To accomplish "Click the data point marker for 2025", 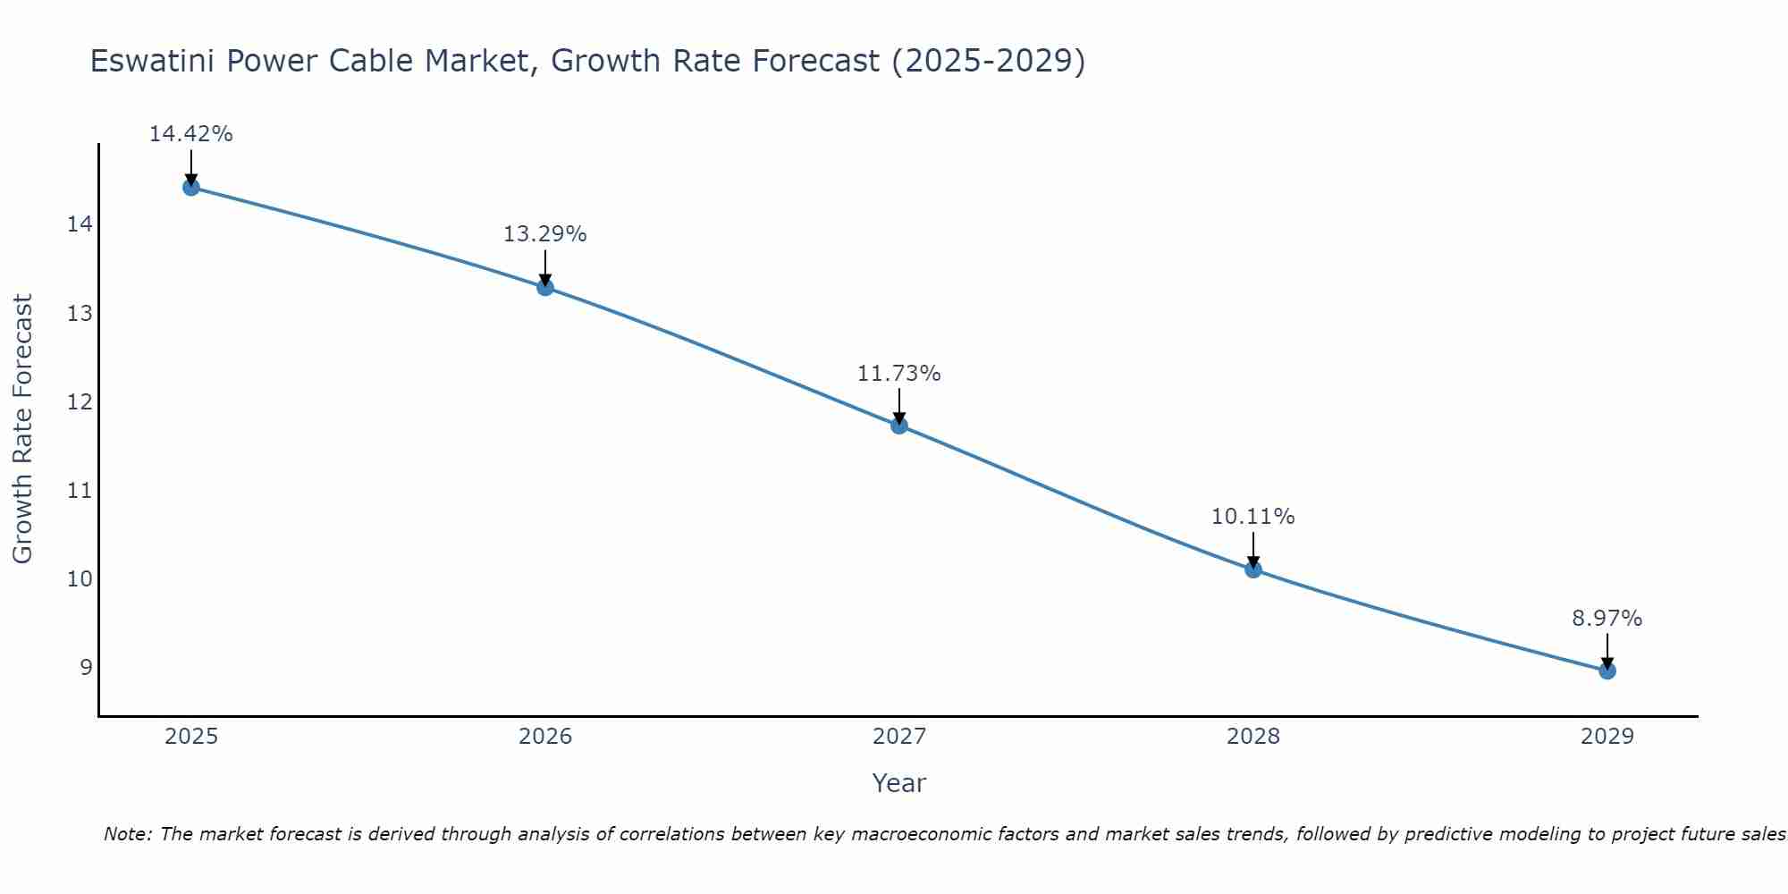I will [190, 187].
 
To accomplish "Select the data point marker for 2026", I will [545, 287].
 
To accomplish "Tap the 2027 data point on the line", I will [899, 426].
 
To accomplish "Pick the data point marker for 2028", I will [1253, 569].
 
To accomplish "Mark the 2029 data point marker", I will [1607, 670].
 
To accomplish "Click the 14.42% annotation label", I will [190, 134].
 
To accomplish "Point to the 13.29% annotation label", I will [545, 234].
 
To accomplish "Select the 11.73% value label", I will [899, 374].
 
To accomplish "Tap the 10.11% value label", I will [1253, 517].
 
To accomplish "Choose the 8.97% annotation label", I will [1607, 619].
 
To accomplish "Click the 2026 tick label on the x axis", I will [545, 737].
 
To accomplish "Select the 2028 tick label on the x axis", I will [1253, 737].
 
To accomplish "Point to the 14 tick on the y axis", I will [80, 224].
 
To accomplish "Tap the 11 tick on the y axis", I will [80, 490].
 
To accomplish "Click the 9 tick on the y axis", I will [86, 668].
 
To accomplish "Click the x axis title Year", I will [899, 783].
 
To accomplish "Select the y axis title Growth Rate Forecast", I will [22, 429].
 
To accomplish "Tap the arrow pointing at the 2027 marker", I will [899, 406].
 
